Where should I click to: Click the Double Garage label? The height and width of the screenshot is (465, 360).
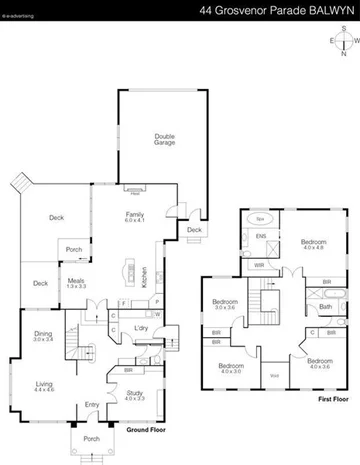pos(165,140)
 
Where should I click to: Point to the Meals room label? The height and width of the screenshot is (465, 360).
pos(76,283)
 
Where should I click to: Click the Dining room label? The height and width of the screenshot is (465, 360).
pos(42,336)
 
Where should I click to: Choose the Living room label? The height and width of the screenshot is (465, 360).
pos(44,384)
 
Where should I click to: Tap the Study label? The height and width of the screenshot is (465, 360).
pos(135,394)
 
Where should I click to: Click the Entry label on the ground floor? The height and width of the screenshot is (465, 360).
pos(92,404)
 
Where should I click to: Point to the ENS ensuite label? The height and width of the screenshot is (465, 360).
pos(261,237)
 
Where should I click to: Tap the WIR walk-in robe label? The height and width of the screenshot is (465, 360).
pos(259,265)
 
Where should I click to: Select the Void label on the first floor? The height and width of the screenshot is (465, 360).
pos(274,375)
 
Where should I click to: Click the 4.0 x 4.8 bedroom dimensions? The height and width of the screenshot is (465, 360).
pos(314,245)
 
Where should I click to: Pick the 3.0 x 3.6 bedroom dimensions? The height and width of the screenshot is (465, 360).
pos(224,307)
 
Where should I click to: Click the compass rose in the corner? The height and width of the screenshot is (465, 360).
pos(343,42)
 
